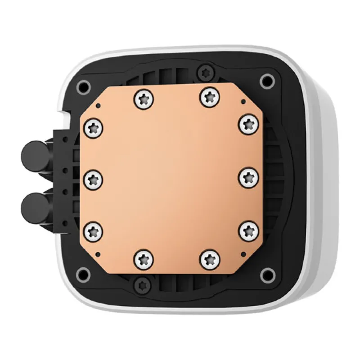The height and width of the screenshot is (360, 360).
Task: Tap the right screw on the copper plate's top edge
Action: [x=208, y=96]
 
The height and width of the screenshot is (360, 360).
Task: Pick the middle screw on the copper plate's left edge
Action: [x=94, y=179]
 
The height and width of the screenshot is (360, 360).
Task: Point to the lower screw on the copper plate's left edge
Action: [x=94, y=231]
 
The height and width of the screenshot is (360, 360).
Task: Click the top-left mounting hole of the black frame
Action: [x=82, y=85]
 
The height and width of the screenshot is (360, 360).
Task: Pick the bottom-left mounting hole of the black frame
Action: [x=83, y=272]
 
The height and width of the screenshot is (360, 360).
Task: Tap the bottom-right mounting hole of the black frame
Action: [x=266, y=272]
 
